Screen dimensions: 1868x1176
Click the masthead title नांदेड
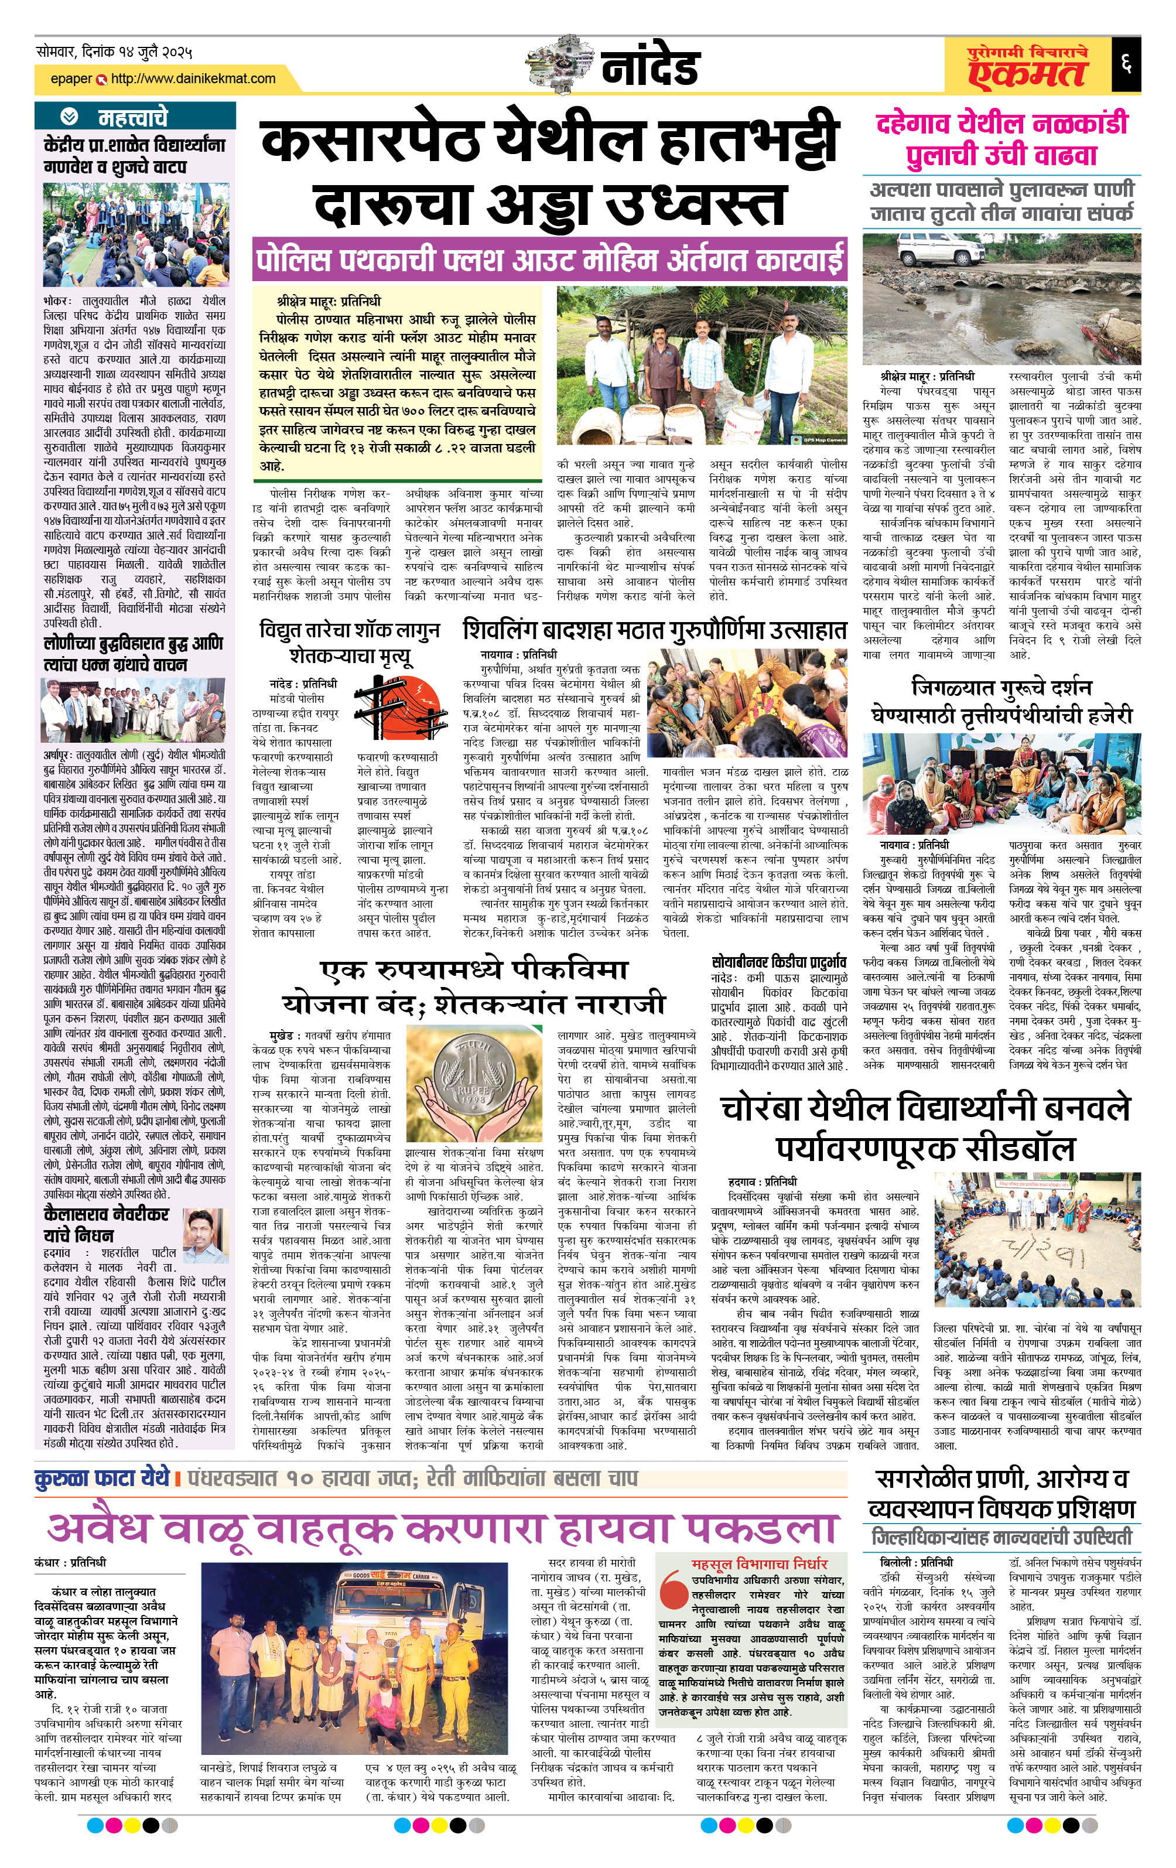pyautogui.click(x=650, y=69)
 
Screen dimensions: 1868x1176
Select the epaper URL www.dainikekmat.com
pyautogui.click(x=192, y=78)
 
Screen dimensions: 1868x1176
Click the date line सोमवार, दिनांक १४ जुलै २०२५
pyautogui.click(x=114, y=52)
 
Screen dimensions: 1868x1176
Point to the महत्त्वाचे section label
pyautogui.click(x=132, y=117)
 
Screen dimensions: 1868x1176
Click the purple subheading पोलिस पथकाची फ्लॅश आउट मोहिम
pyautogui.click(x=549, y=261)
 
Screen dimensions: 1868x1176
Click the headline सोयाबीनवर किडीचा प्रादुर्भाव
pyautogui.click(x=779, y=962)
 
